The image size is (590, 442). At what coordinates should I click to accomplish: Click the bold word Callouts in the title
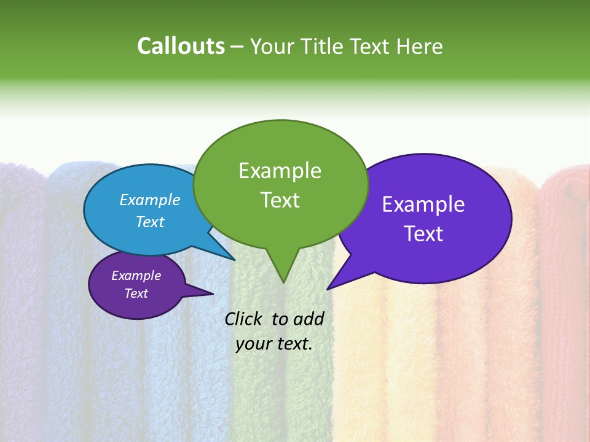pyautogui.click(x=181, y=46)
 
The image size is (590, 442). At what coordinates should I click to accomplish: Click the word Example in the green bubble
pyautogui.click(x=280, y=171)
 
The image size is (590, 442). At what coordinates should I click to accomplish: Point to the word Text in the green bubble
pyautogui.click(x=280, y=200)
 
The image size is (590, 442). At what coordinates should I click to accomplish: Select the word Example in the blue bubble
pyautogui.click(x=150, y=200)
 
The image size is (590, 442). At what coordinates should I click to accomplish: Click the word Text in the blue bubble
pyautogui.click(x=150, y=222)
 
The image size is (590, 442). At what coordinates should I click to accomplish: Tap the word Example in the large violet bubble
pyautogui.click(x=423, y=204)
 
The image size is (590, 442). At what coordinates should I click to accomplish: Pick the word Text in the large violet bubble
pyautogui.click(x=423, y=234)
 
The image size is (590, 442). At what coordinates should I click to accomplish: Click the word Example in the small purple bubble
pyautogui.click(x=136, y=276)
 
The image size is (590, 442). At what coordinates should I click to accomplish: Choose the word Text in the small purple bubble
pyautogui.click(x=136, y=293)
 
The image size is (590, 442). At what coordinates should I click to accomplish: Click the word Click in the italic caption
pyautogui.click(x=245, y=319)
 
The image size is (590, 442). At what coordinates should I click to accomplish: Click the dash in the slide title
pyautogui.click(x=238, y=47)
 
